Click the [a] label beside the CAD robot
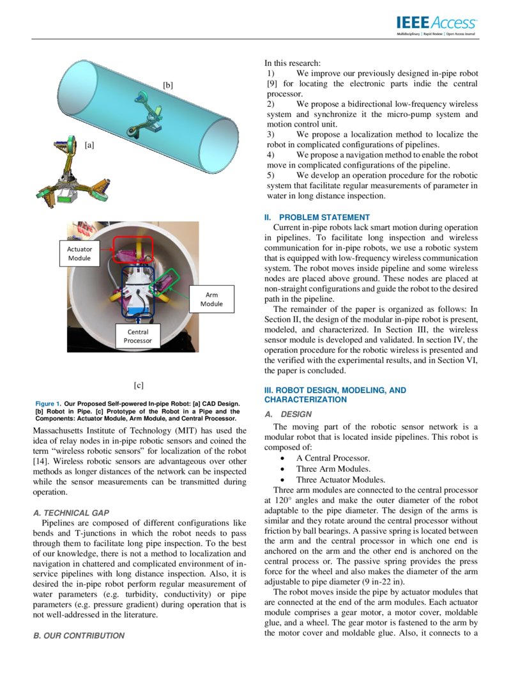pyautogui.click(x=89, y=145)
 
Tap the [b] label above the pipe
pyautogui.click(x=167, y=85)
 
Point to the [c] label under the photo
pyautogui.click(x=139, y=385)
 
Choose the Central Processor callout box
pyautogui.click(x=138, y=336)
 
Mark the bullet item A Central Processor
pyautogui.click(x=332, y=458)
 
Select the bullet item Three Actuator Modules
pyautogui.click(x=340, y=480)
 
